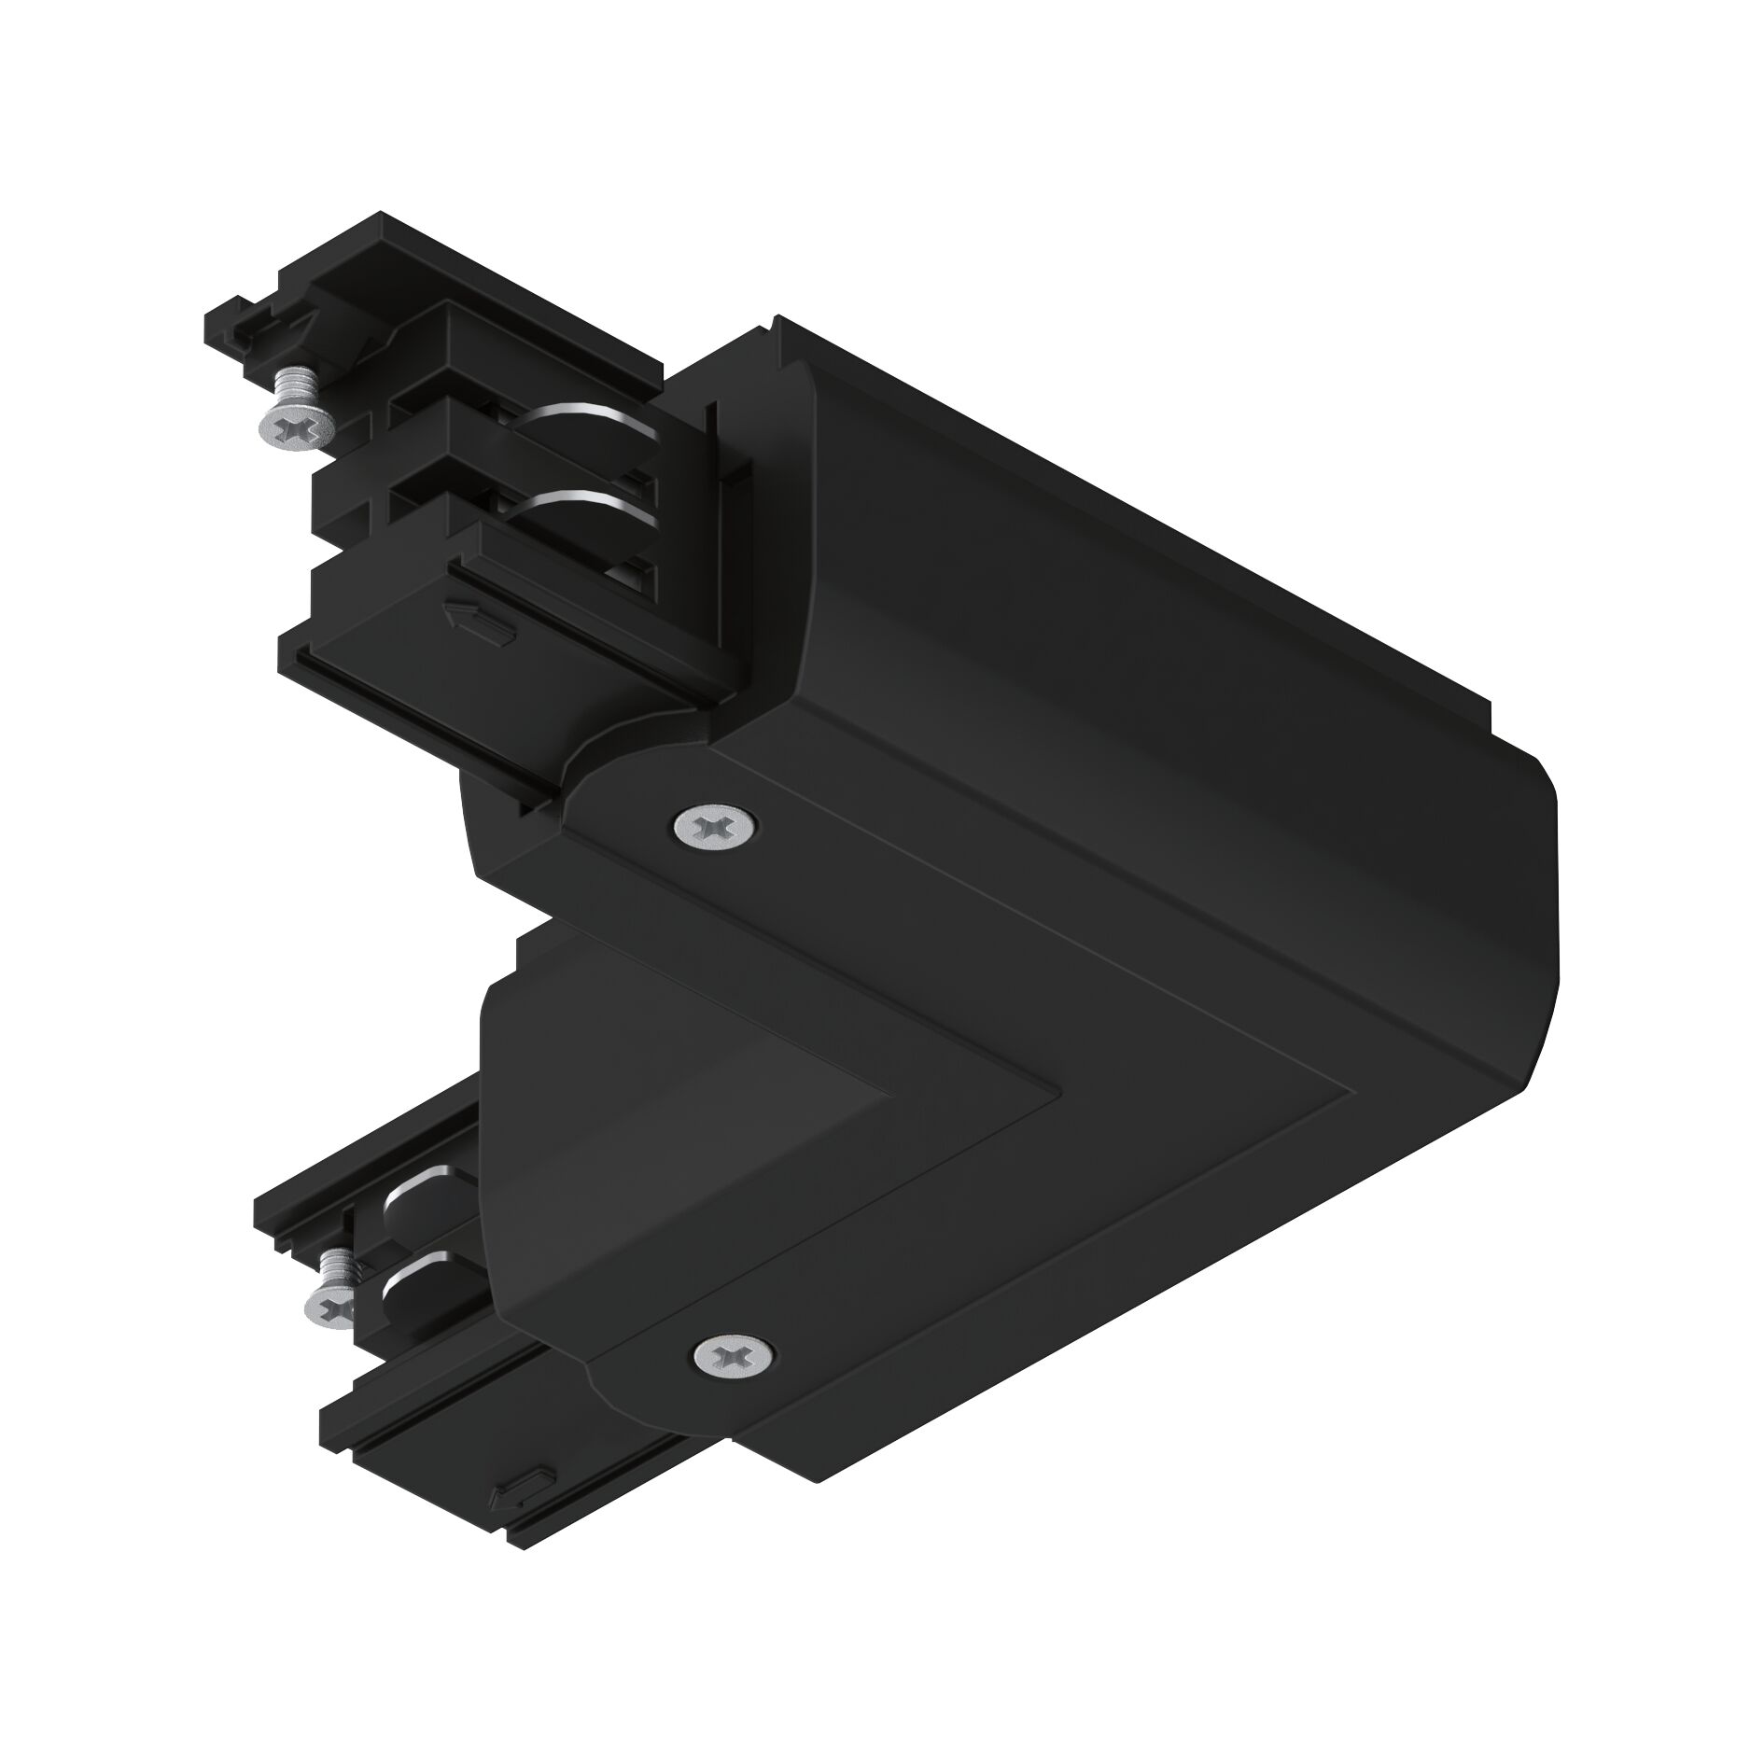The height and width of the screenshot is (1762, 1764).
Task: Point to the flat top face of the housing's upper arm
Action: [x=1167, y=607]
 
